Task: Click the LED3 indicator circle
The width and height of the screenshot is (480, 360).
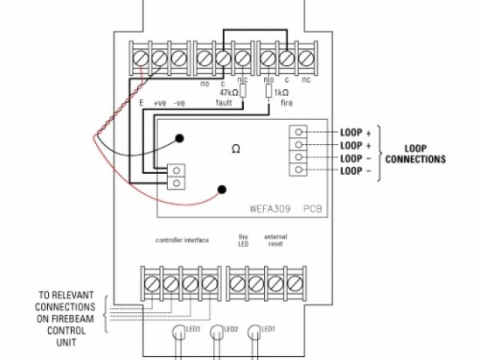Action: point(177,331)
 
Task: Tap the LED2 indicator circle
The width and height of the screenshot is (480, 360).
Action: point(217,331)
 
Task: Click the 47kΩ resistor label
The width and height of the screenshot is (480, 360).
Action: point(229,92)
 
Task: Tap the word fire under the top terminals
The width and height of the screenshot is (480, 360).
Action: point(286,103)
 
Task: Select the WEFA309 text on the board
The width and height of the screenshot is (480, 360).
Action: point(271,205)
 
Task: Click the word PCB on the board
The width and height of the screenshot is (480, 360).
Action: point(313,205)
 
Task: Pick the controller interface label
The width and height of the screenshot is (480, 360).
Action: point(182,240)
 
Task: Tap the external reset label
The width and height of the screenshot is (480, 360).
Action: point(275,240)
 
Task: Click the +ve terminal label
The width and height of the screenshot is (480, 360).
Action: point(160,103)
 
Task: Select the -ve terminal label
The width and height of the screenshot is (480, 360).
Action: point(179,103)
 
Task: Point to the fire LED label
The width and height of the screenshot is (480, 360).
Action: point(244,240)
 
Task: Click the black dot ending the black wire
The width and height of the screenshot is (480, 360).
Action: point(181,137)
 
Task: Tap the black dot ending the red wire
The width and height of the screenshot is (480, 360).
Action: point(221,189)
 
